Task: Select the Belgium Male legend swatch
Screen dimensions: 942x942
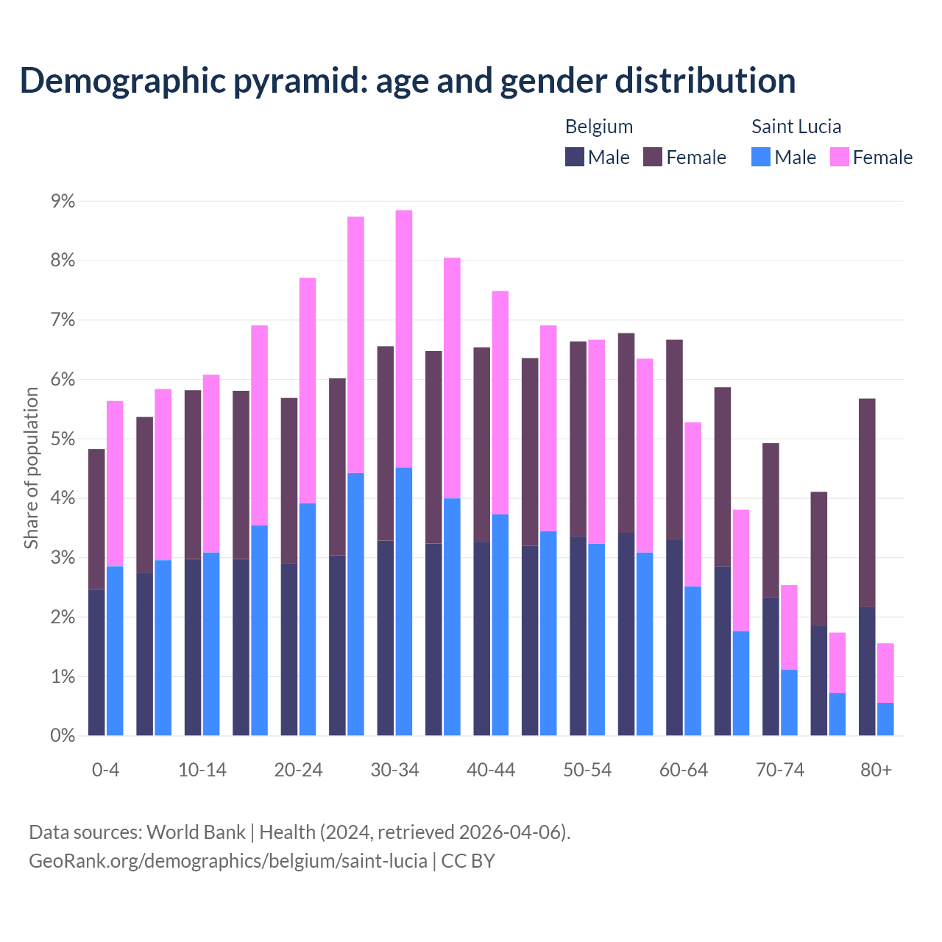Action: tap(575, 157)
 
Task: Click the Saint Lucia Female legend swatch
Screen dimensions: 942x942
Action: tap(839, 157)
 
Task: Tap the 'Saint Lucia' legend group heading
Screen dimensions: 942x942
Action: tap(796, 127)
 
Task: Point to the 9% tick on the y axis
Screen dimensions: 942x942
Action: tap(62, 201)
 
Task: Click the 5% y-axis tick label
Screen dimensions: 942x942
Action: tap(62, 439)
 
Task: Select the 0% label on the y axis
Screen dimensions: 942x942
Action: tap(62, 736)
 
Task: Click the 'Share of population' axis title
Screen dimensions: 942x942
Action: tap(31, 468)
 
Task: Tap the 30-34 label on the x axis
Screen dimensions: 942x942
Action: tap(394, 771)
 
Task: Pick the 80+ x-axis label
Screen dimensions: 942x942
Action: tap(876, 771)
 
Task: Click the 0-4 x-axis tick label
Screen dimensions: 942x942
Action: tap(105, 771)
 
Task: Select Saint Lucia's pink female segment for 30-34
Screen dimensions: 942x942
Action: tap(404, 339)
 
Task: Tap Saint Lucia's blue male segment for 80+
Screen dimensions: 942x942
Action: tap(885, 719)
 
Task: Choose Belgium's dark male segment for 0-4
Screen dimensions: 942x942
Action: tap(96, 662)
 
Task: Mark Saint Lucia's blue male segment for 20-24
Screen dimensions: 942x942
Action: tap(308, 619)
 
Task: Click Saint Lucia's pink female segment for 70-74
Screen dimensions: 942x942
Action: tap(789, 627)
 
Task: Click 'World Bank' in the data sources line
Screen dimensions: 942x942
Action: tap(196, 832)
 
